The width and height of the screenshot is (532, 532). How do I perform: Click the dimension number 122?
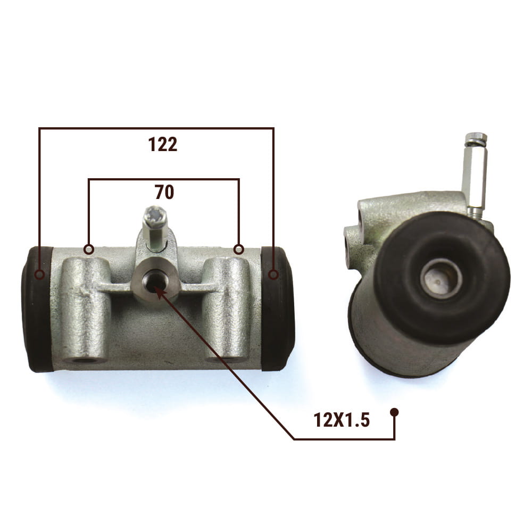[163, 145]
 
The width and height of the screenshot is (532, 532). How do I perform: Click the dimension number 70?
[164, 192]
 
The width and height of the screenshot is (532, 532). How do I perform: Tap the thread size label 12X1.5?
[342, 420]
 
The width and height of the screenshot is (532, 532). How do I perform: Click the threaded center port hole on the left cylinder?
[154, 280]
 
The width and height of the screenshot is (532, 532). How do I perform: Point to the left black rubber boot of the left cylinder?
[37, 309]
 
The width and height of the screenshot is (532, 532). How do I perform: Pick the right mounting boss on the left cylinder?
[226, 309]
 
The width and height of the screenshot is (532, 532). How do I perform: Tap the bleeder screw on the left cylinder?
[154, 229]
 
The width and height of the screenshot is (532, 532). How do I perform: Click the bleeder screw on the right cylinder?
[476, 174]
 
